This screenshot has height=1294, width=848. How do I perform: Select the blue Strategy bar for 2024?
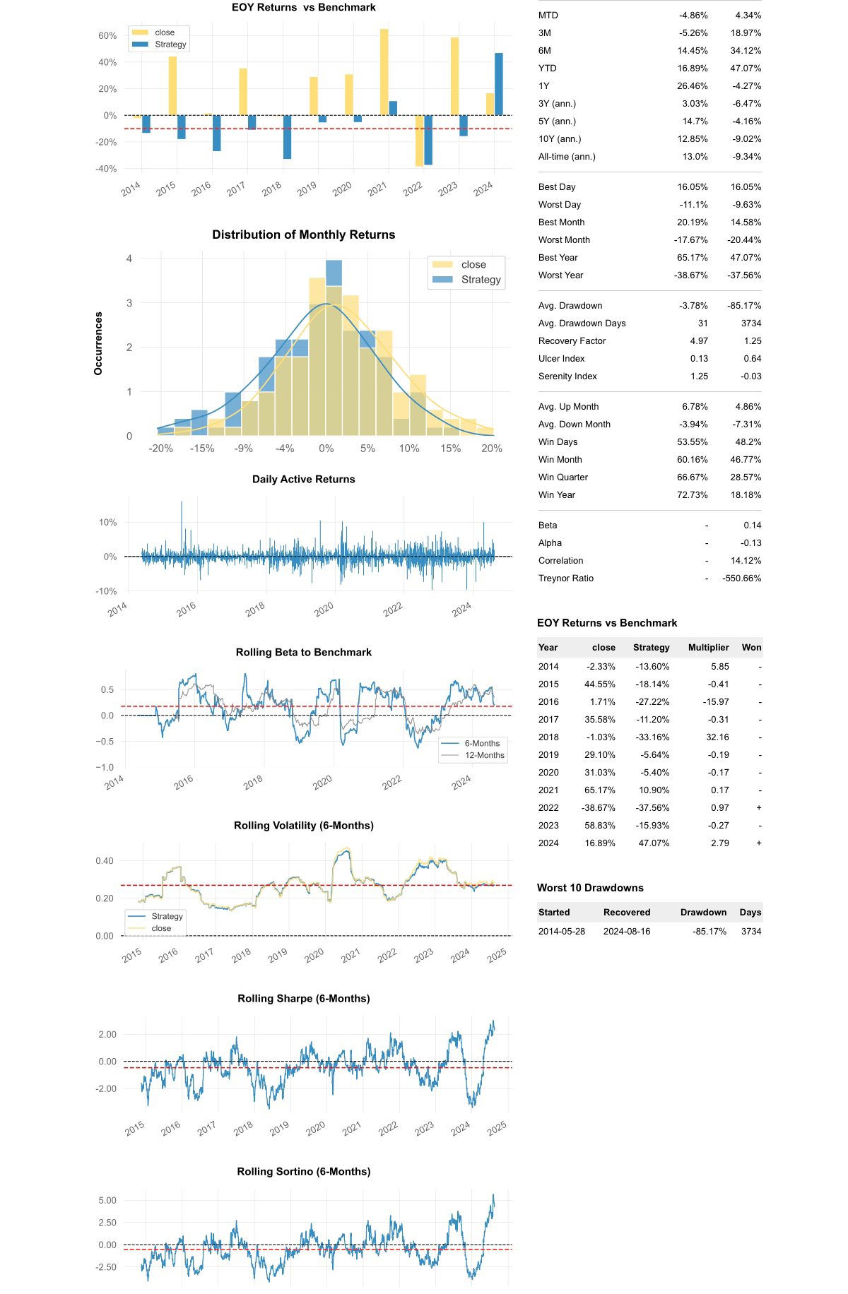[x=499, y=84]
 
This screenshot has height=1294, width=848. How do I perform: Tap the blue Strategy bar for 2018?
[x=287, y=137]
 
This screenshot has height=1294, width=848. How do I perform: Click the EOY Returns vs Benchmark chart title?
[x=303, y=8]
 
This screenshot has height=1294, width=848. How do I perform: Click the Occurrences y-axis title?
[x=98, y=343]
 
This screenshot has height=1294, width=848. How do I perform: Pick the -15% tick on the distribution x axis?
[x=202, y=449]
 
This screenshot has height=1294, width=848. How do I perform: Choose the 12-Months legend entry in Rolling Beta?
[x=484, y=755]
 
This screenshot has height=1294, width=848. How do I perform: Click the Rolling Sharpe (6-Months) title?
[x=303, y=999]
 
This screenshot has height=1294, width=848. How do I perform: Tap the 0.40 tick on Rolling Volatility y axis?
[x=105, y=861]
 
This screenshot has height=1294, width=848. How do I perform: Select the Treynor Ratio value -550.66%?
[x=741, y=578]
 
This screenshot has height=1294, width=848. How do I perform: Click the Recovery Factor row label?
[x=572, y=341]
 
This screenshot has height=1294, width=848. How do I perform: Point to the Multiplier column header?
[x=708, y=648]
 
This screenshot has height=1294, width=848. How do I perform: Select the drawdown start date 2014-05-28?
[x=562, y=932]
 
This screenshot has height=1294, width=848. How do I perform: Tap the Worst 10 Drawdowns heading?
[x=590, y=888]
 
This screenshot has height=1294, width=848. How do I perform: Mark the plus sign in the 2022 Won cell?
[x=759, y=808]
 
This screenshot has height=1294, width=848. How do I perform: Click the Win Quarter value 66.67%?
[x=693, y=477]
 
